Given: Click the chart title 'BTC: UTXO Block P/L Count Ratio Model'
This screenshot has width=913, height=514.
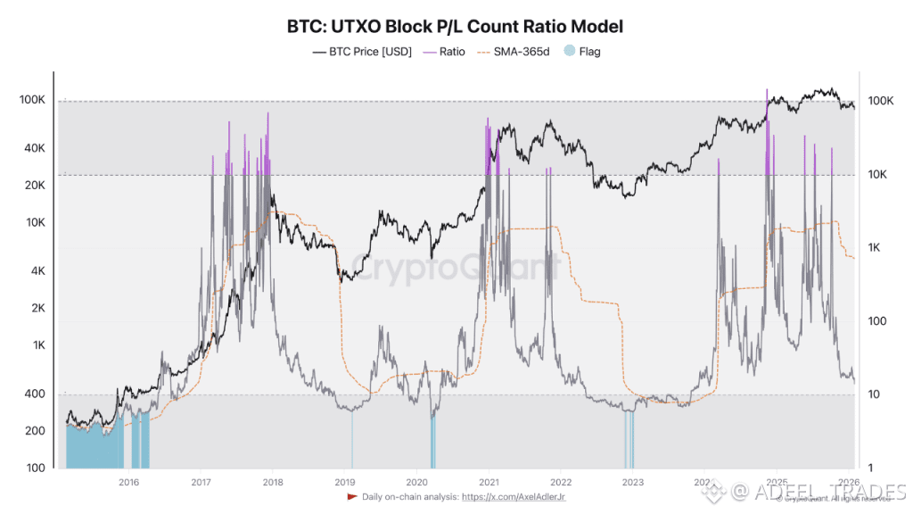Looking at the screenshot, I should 456,27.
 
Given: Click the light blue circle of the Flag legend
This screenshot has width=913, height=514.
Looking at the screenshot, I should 570,52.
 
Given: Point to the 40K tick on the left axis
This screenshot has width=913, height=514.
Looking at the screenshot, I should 33,148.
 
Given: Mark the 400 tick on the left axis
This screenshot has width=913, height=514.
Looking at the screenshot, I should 34,394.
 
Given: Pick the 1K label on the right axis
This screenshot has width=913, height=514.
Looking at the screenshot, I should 877,248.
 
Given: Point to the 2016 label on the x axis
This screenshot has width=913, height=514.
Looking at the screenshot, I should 128,483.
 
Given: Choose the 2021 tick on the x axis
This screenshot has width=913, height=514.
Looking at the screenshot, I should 488,483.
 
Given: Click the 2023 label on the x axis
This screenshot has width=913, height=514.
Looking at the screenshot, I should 631,483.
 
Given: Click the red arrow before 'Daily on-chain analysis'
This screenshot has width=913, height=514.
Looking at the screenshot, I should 352,496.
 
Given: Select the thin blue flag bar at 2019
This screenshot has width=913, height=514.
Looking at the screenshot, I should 351,438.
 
